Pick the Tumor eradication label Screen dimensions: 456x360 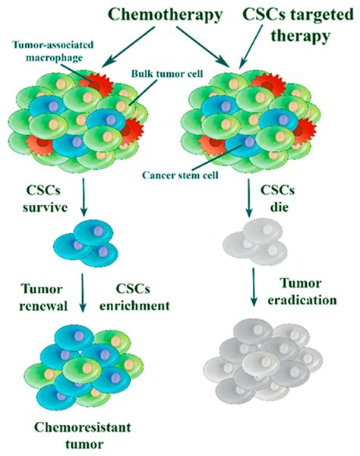[314, 291]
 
